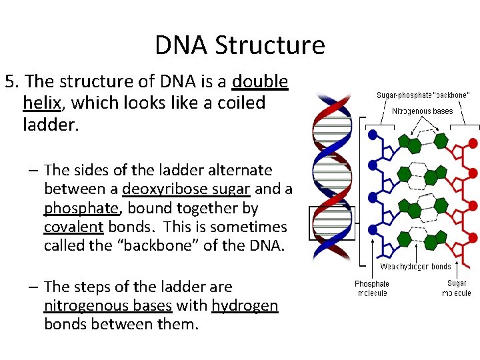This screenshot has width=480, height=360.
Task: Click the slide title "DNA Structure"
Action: (240, 45)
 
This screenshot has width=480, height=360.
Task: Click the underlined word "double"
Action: (260, 82)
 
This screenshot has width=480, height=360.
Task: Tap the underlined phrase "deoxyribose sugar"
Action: (185, 189)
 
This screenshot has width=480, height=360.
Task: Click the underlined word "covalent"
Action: (73, 227)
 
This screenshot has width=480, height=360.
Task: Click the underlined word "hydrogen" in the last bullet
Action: (245, 306)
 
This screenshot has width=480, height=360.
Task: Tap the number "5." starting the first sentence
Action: (11, 82)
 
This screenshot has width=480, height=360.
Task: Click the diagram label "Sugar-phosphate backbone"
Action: (423, 95)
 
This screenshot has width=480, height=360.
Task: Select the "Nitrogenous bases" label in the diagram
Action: (422, 111)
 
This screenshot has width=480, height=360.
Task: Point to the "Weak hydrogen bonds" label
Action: (415, 267)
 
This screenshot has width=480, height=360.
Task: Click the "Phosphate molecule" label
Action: (371, 289)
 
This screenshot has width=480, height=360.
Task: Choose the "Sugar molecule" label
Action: (456, 289)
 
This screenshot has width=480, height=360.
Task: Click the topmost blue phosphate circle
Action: (373, 134)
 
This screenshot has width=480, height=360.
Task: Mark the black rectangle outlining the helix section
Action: (333, 223)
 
